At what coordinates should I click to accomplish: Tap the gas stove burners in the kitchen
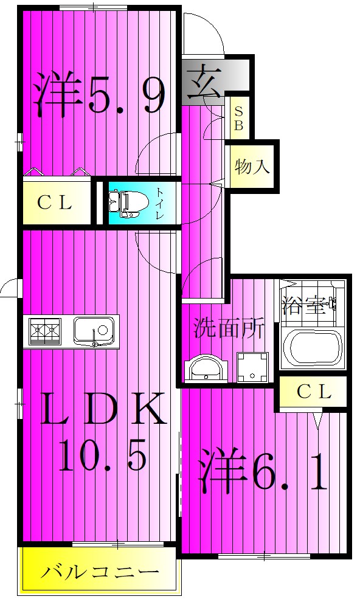[45, 330]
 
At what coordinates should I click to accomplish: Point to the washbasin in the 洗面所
[206, 368]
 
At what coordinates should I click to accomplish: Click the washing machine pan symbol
[252, 367]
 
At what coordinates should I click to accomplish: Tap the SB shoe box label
[238, 118]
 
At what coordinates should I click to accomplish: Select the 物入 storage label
[252, 167]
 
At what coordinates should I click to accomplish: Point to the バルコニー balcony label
[100, 573]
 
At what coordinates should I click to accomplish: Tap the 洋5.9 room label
[100, 93]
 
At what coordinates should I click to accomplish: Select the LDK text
[103, 408]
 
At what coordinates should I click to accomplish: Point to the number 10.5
[102, 455]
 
